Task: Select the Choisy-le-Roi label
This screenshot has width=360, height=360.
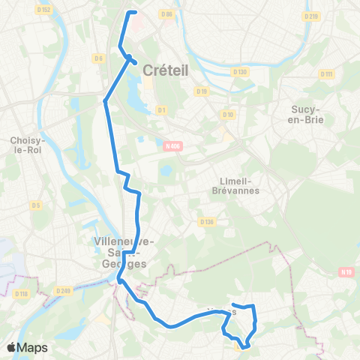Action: (x=28, y=145)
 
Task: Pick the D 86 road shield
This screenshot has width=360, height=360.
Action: (x=166, y=13)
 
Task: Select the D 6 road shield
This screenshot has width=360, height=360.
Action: (x=98, y=58)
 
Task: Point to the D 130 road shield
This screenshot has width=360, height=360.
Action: (x=240, y=71)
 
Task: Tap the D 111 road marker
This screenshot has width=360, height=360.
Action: (x=326, y=73)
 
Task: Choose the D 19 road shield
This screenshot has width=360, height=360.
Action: (x=202, y=91)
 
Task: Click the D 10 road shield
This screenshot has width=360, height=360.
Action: (x=228, y=114)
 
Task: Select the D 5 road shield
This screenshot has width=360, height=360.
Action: (x=35, y=204)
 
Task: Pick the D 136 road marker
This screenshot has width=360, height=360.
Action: (x=208, y=221)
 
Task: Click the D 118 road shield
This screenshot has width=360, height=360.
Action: (x=19, y=292)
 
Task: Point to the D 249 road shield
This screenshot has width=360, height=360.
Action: (x=62, y=291)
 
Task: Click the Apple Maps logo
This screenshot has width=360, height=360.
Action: (x=27, y=347)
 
